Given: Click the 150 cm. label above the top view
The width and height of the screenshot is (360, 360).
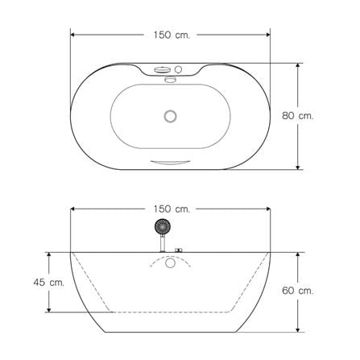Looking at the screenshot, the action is (x=172, y=35).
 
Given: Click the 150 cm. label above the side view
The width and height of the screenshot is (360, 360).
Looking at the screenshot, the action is (x=172, y=209).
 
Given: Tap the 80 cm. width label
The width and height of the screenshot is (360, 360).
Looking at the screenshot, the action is (x=298, y=116).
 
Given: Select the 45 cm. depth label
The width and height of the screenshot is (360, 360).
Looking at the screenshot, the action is (x=49, y=282).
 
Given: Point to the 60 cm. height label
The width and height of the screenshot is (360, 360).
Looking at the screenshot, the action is (x=298, y=291).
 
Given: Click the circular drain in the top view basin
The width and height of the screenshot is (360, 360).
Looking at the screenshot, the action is (x=170, y=116).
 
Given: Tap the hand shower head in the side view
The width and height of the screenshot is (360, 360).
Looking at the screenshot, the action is (x=163, y=226).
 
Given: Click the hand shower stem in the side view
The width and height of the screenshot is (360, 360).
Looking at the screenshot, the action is (x=163, y=243).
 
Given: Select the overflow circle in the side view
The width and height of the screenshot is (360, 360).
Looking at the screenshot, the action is (x=170, y=263).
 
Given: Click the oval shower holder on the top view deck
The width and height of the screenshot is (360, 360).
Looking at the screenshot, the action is (x=163, y=70).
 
